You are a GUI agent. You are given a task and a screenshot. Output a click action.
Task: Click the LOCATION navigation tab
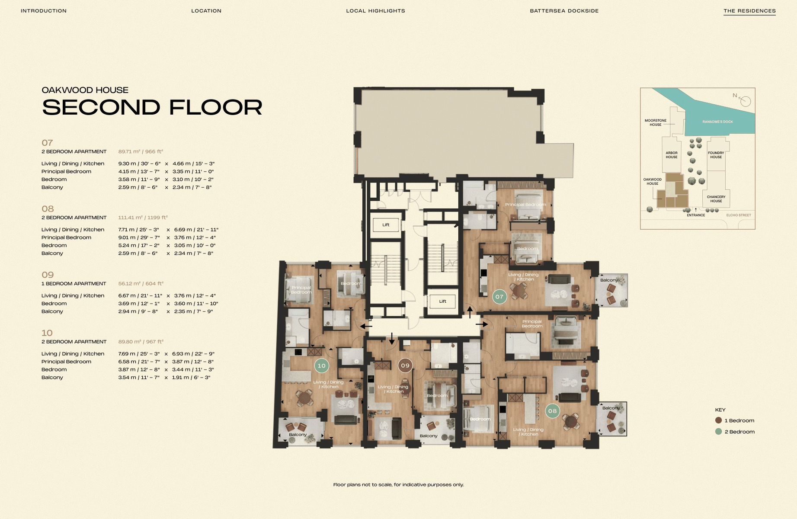tap(206, 11)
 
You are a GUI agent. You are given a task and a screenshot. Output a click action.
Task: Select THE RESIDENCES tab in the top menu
tap(749, 11)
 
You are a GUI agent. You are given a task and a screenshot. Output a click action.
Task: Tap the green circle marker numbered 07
tap(499, 297)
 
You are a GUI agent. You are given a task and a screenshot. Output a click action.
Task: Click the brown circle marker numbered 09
tap(405, 365)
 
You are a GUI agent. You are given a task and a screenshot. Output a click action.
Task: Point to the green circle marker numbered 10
tap(321, 366)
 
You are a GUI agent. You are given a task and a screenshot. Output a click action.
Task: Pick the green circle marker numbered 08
tap(552, 411)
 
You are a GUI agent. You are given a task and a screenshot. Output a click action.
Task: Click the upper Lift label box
tap(386, 225)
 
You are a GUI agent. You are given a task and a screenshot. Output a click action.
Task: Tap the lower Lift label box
tap(442, 301)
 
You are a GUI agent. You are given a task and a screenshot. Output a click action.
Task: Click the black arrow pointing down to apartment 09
tap(392, 339)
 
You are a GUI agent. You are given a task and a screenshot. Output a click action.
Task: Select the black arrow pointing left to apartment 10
tap(366, 326)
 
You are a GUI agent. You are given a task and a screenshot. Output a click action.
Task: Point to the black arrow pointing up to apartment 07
tap(470, 312)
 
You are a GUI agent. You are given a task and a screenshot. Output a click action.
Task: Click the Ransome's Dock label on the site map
tap(717, 122)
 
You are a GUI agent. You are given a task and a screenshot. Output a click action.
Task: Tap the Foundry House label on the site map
tap(716, 155)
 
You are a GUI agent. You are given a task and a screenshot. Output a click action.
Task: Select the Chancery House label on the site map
tap(716, 199)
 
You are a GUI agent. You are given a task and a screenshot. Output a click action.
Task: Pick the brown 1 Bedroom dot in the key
tap(719, 420)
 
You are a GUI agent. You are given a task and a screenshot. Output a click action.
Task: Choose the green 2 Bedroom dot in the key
tap(719, 432)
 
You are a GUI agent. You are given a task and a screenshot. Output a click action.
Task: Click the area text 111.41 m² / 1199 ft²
tap(143, 218)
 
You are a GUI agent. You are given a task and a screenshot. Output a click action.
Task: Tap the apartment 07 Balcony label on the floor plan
tap(609, 280)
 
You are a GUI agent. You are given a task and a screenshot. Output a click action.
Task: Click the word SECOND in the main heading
tap(101, 107)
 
